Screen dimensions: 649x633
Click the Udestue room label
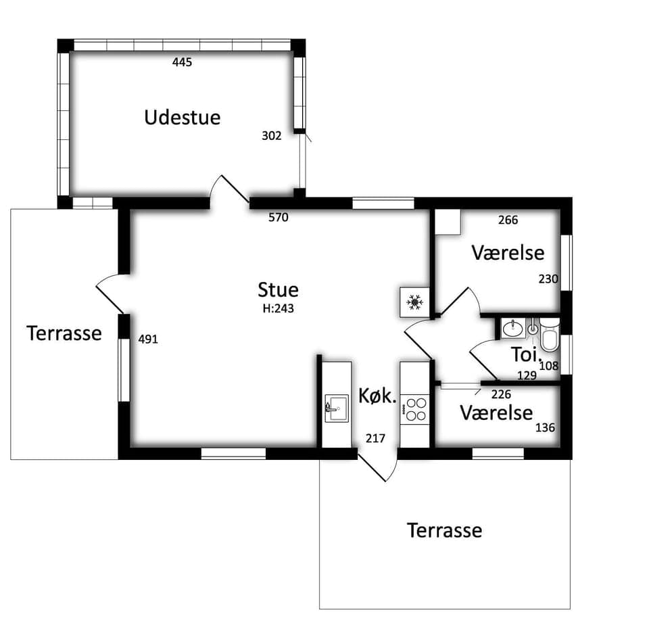182,117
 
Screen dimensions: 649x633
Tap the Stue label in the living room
278,290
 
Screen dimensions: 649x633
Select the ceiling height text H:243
278,308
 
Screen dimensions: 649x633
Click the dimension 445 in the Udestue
182,62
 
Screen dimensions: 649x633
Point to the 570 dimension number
278,217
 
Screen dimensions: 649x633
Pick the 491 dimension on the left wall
148,339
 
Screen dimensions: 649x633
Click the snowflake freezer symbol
414,302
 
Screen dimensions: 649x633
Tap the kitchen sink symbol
337,408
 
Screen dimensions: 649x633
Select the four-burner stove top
416,409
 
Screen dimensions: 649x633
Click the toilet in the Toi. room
550,335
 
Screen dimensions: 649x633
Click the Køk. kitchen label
377,396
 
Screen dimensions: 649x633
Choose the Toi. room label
526,354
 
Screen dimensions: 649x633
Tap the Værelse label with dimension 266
508,252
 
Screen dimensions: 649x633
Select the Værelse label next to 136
496,413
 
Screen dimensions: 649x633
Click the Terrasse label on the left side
64,333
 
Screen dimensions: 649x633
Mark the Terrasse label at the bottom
445,530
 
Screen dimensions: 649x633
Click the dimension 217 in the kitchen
375,438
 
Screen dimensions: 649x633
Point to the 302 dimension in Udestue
272,136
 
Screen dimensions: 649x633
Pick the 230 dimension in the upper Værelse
548,279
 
